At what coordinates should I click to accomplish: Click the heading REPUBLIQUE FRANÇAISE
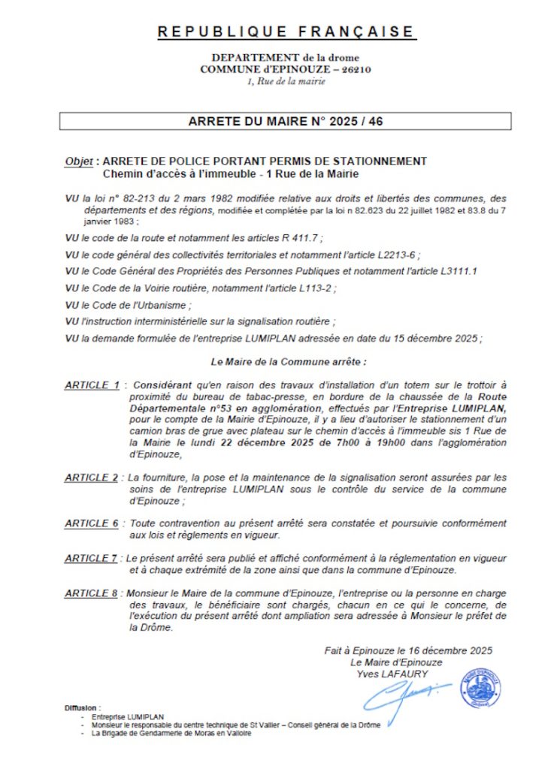286,32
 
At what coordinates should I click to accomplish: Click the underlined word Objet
79,161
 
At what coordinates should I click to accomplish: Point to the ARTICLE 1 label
92,385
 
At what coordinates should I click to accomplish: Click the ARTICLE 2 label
92,478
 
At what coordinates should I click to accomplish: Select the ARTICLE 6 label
92,523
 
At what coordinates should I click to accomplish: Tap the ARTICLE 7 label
92,558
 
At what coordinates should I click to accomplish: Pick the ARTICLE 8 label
92,593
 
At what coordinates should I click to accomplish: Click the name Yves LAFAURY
392,674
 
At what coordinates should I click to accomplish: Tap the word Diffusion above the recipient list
82,708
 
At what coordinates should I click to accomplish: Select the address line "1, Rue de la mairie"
286,81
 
